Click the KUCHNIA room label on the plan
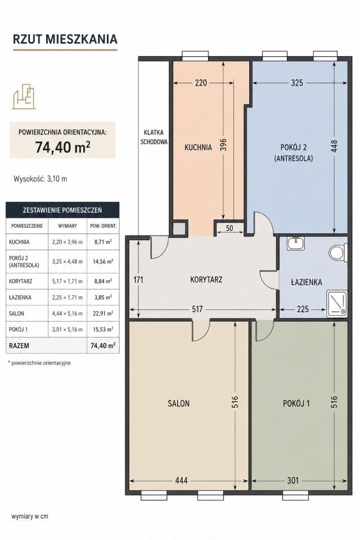(x=198, y=147)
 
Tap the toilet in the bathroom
(x=338, y=253)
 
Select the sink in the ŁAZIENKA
(x=295, y=244)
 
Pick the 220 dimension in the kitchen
(x=201, y=83)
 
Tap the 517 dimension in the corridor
(x=197, y=309)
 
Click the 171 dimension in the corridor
(x=138, y=280)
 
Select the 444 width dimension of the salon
(x=181, y=480)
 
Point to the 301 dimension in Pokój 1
(x=293, y=480)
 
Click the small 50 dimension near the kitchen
(x=229, y=228)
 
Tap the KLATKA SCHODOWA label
(x=154, y=137)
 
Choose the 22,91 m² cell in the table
(x=103, y=313)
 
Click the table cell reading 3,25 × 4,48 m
(x=67, y=262)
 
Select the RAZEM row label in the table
(x=19, y=345)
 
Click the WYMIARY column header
(x=67, y=226)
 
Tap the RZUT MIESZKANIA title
(x=65, y=39)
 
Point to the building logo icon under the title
(x=24, y=96)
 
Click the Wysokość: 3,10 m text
(x=40, y=179)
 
